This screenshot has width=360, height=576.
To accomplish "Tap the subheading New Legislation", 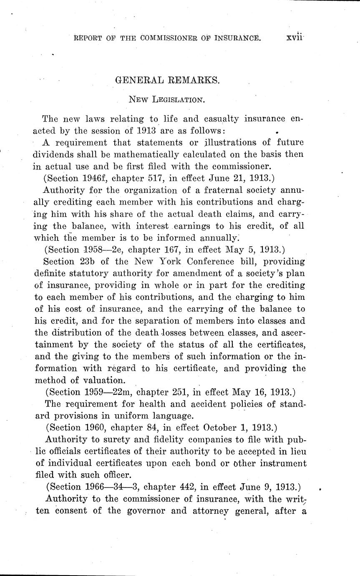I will (166, 100).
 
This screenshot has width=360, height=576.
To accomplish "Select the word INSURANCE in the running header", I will (238, 38).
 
